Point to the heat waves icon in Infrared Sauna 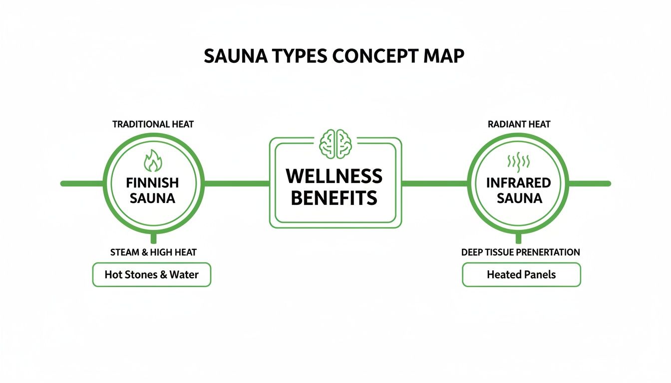click(518, 161)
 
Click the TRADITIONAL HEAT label click(153, 124)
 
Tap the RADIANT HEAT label click(519, 124)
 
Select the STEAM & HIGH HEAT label click(153, 252)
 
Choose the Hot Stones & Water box click(152, 275)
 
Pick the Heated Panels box click(521, 275)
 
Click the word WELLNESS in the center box click(334, 176)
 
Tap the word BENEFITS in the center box click(334, 198)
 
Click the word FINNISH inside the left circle click(152, 183)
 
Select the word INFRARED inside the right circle click(518, 183)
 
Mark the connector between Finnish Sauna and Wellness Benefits click(237, 184)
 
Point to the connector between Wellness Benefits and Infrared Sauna click(434, 184)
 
